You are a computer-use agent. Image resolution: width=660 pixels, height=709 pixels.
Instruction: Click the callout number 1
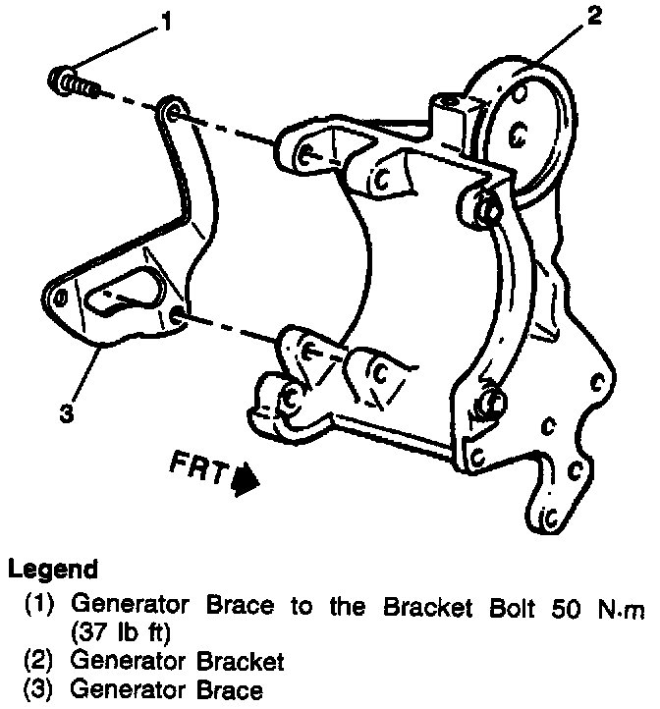click(x=166, y=22)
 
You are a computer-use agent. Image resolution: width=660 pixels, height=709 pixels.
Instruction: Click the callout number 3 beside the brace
click(x=65, y=413)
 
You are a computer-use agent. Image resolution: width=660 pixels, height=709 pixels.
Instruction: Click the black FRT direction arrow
click(x=246, y=479)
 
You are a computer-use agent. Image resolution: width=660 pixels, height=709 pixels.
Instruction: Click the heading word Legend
click(x=53, y=569)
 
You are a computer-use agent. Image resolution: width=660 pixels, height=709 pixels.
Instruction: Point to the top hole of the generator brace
click(x=172, y=111)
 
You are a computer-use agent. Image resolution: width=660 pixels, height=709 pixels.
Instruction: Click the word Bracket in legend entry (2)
click(x=239, y=660)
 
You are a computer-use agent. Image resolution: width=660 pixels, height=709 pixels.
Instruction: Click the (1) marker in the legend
click(x=40, y=605)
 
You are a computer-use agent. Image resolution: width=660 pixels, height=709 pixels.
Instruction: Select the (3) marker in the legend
click(x=40, y=689)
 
